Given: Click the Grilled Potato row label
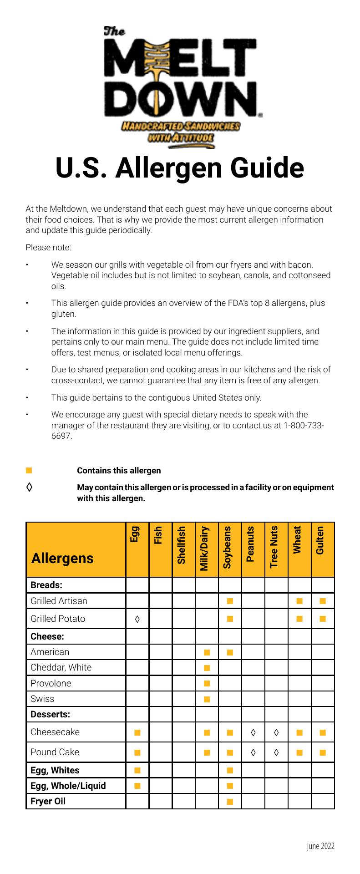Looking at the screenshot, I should pyautogui.click(x=58, y=619).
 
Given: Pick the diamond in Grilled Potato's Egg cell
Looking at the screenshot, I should pyautogui.click(x=137, y=619).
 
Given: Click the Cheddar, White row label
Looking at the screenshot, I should pyautogui.click(x=61, y=667).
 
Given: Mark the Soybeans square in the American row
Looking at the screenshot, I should pyautogui.click(x=230, y=652).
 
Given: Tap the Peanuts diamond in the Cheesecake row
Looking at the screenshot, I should pyautogui.click(x=253, y=732).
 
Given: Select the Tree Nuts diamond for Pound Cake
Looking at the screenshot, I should pyautogui.click(x=276, y=752).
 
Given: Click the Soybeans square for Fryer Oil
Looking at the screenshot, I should pyautogui.click(x=230, y=802).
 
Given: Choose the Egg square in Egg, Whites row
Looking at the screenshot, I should pyautogui.click(x=137, y=770).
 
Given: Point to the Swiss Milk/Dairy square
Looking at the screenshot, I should pyautogui.click(x=207, y=699).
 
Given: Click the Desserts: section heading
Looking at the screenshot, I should pyautogui.click(x=50, y=714).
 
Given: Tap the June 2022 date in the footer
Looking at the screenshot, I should pyautogui.click(x=320, y=846).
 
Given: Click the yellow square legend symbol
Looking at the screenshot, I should pyautogui.click(x=29, y=470).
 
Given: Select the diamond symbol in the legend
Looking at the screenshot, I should pyautogui.click(x=29, y=488).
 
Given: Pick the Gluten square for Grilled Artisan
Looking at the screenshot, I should pyautogui.click(x=323, y=601).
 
